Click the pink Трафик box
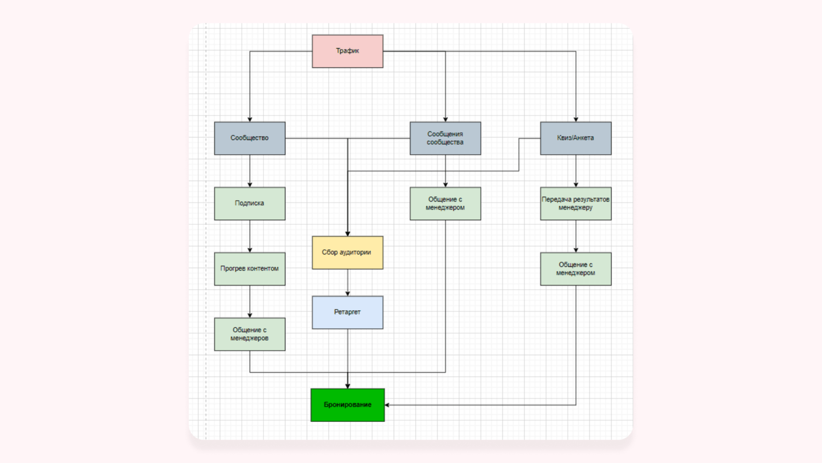click(x=347, y=51)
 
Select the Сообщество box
click(x=250, y=138)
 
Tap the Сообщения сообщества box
click(x=445, y=138)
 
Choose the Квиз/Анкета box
click(x=575, y=138)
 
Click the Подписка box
click(x=250, y=203)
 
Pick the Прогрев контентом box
click(x=250, y=269)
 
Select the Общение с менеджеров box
click(x=250, y=334)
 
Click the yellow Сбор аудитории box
click(x=347, y=252)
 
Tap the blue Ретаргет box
click(x=347, y=313)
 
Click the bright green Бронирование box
click(x=347, y=405)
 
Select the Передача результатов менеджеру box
click(x=575, y=203)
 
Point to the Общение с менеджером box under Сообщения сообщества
click(x=445, y=203)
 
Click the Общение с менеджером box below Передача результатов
click(x=575, y=269)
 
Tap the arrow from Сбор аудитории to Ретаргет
click(x=348, y=283)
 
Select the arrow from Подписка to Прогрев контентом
click(x=250, y=236)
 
